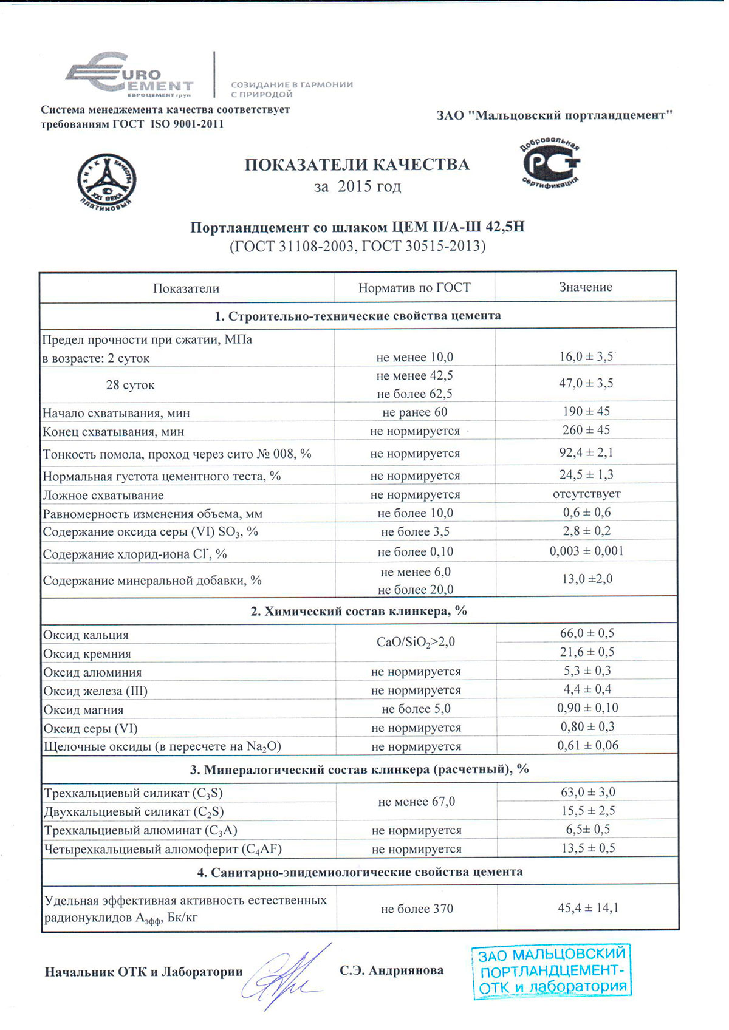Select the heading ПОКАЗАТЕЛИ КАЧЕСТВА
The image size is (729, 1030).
357,165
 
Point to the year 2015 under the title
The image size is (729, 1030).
354,186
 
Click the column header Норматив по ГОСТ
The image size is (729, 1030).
414,287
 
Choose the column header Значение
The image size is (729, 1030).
586,287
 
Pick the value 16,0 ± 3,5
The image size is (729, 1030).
586,356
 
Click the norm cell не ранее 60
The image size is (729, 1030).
415,412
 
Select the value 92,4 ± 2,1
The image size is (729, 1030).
586,452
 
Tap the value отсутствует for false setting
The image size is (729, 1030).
586,494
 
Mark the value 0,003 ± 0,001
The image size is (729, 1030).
586,551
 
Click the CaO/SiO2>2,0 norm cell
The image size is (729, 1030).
416,642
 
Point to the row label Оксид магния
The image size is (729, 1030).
83,709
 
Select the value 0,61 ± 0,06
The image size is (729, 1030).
587,745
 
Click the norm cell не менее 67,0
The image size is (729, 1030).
416,802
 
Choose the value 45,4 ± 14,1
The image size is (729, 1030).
588,908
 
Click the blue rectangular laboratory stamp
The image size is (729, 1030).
552,971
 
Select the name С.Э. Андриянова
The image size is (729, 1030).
391,970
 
